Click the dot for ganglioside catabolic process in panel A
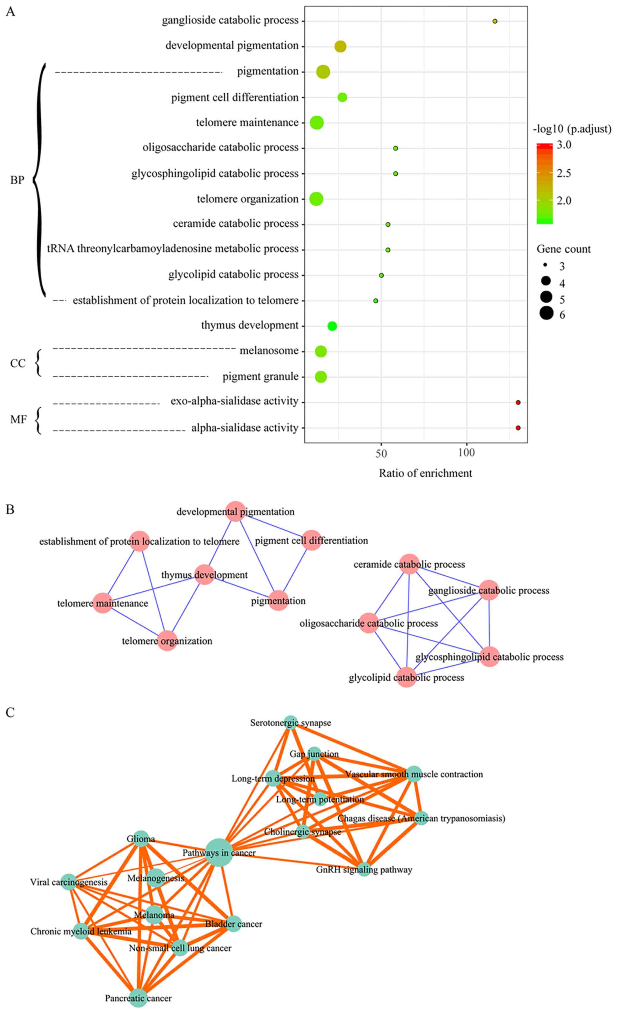click(495, 21)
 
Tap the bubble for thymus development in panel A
click(332, 326)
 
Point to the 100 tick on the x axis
click(466, 453)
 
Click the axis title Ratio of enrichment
click(425, 473)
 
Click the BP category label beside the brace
click(17, 180)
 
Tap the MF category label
click(18, 419)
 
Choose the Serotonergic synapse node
click(290, 722)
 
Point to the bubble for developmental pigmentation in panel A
click(340, 46)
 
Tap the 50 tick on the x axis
click(381, 453)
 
